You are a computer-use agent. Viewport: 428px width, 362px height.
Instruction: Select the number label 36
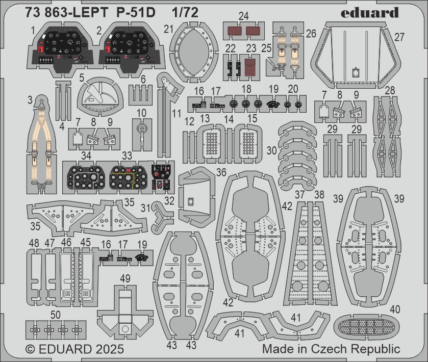point(221,172)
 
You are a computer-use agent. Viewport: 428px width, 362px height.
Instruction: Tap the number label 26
point(311,34)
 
